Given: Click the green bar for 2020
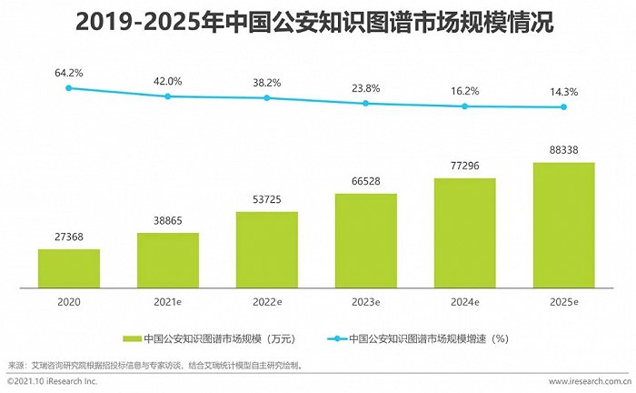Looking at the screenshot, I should tap(69, 267).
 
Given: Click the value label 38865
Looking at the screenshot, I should tap(168, 222).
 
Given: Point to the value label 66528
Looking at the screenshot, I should tap(366, 183).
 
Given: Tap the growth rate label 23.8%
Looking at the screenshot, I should tap(366, 88).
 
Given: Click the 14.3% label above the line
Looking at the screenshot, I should tap(563, 92).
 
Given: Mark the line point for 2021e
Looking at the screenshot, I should tap(168, 96).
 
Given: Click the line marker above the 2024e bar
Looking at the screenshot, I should tap(465, 106).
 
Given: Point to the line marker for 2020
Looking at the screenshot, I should tap(69, 88).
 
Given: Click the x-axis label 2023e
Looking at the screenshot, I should tap(366, 300).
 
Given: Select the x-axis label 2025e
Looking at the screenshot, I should tap(563, 300).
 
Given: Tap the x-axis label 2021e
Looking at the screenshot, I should tap(168, 300).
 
